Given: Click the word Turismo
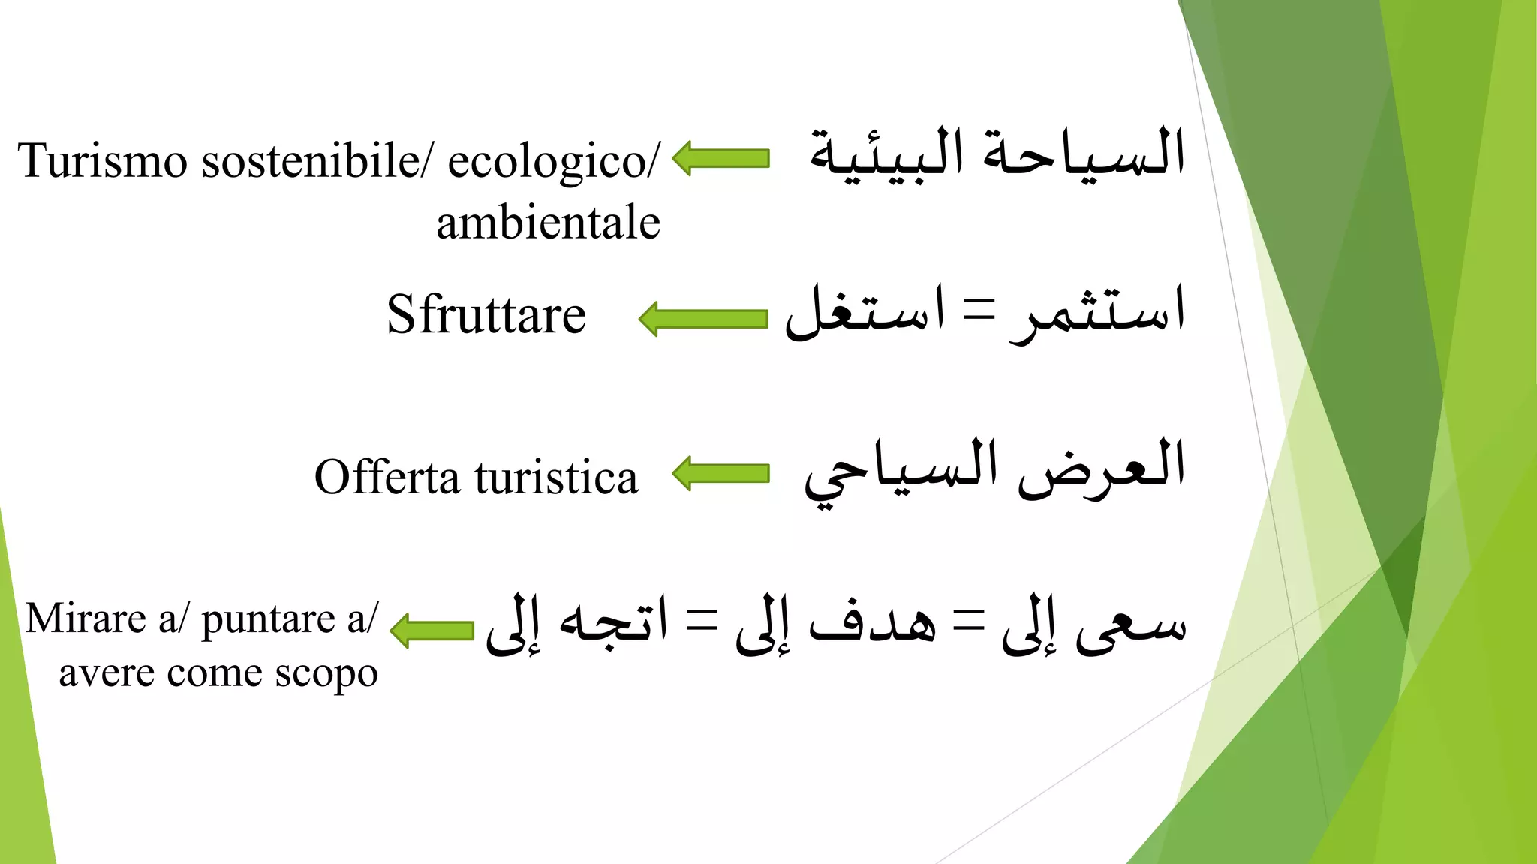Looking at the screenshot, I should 102,160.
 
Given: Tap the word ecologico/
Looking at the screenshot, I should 554,162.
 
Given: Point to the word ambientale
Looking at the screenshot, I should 548,223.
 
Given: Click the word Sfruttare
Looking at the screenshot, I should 486,315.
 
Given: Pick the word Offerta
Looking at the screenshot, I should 387,477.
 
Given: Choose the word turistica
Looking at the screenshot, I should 556,478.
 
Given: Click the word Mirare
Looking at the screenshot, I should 86,619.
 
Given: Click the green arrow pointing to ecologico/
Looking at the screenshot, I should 720,158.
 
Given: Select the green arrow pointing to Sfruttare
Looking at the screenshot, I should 703,319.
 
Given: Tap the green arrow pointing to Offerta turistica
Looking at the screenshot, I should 720,473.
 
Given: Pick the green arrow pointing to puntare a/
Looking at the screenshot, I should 432,630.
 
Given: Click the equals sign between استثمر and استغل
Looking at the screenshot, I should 979,309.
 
